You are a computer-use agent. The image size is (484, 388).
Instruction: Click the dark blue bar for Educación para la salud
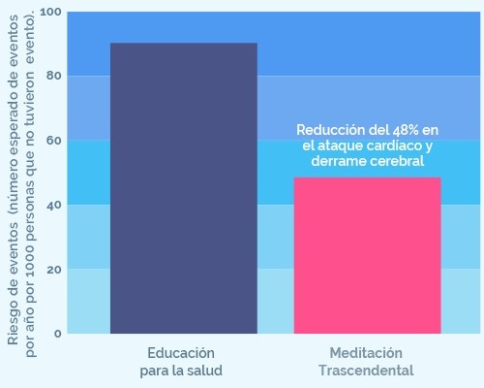[184, 189]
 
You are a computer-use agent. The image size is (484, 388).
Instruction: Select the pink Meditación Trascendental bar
[368, 256]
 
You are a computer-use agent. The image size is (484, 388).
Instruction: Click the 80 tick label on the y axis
[54, 76]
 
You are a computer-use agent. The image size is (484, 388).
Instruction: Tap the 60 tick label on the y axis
[54, 140]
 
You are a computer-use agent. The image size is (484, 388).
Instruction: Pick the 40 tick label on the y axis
[54, 205]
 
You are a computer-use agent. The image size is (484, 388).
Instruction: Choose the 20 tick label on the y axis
[54, 269]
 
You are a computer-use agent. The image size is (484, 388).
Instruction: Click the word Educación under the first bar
[181, 352]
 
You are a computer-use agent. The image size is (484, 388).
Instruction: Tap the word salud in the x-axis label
[206, 371]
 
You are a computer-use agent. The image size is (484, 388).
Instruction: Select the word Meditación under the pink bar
[366, 352]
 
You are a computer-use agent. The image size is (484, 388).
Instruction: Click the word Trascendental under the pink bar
[366, 371]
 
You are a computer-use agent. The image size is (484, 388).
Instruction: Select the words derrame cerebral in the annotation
[368, 161]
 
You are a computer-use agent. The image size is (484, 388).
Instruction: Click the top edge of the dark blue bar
[184, 44]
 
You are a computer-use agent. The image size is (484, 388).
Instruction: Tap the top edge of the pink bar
[368, 178]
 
